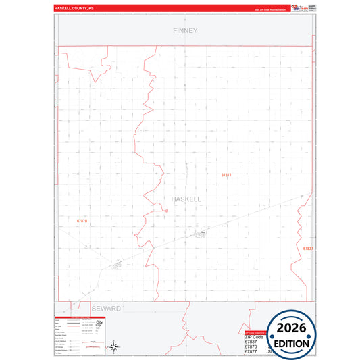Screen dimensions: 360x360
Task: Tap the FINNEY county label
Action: click(184, 30)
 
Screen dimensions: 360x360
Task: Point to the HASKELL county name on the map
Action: click(185, 200)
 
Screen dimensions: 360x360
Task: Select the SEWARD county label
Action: click(105, 308)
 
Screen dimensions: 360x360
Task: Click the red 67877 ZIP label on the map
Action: click(226, 175)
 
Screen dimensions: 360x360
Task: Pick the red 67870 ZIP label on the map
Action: click(82, 221)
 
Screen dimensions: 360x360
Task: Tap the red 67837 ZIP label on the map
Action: click(307, 249)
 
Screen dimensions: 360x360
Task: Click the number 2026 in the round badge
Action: click(291, 328)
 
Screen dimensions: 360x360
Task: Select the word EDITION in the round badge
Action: click(291, 343)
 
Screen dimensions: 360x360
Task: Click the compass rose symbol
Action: click(115, 347)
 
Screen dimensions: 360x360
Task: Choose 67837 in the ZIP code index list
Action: click(251, 342)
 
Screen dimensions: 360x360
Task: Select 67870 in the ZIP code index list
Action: click(251, 347)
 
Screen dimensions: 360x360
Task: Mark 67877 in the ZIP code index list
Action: click(251, 352)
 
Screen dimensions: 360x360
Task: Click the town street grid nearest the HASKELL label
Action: click(201, 234)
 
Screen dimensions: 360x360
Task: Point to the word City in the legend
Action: click(100, 328)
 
